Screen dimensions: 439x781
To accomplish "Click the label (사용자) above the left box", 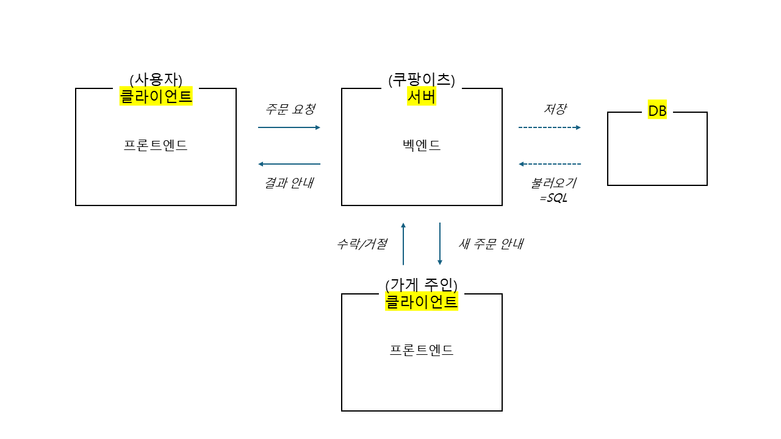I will pos(156,80).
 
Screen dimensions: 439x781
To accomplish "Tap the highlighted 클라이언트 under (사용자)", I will pos(156,96).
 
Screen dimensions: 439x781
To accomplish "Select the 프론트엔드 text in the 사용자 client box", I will pos(156,146).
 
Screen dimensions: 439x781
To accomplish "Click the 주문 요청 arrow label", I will pos(290,110).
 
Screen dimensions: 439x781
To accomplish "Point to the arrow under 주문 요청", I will pos(289,127).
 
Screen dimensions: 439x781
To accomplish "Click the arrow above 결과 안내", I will pos(289,164).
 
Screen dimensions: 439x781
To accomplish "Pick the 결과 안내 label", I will pos(289,183).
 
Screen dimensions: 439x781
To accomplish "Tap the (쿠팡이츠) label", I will pos(422,80).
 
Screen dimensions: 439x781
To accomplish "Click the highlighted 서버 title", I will pos(422,96).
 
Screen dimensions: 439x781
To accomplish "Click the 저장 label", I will pos(555,109).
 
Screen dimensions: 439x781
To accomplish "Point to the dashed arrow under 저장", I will pos(549,127).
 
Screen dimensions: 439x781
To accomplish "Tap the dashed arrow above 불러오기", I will pos(549,164).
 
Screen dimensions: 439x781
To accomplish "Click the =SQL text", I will pos(553,198).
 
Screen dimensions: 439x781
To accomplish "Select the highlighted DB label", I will pos(657,112).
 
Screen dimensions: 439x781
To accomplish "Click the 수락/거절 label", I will pos(362,244).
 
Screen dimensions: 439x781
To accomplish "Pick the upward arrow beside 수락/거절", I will pos(403,243).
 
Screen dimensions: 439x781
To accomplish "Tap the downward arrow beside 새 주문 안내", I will pos(440,243).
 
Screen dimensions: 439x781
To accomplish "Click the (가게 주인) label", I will pos(422,285).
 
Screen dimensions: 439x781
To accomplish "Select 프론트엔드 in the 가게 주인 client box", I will pos(422,351).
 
